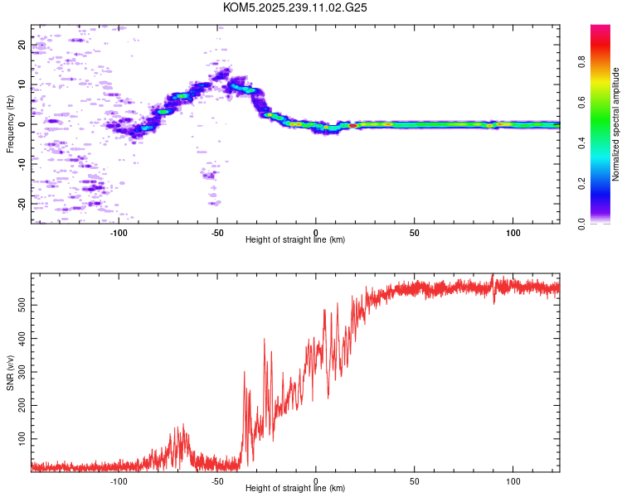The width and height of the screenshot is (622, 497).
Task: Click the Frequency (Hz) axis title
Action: (10, 124)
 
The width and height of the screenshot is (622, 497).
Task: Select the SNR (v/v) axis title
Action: (10, 373)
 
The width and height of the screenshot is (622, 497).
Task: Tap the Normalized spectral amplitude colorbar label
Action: (616, 124)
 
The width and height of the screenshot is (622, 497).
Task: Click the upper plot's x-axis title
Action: (295, 239)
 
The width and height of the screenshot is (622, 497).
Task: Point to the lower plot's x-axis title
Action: (295, 488)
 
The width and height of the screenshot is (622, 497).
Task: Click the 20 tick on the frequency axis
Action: (22, 45)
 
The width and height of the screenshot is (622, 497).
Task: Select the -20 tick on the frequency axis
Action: (22, 203)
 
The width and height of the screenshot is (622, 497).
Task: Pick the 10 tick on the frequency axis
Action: (22, 84)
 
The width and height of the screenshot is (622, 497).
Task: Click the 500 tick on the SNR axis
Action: (22, 306)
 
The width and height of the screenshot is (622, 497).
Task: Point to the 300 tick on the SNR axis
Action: (22, 372)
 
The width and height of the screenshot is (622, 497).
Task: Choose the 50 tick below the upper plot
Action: (414, 231)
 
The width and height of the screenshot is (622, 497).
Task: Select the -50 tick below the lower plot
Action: (217, 480)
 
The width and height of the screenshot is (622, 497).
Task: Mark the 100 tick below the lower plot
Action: (513, 480)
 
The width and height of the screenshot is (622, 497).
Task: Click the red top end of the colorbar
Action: (600, 30)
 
